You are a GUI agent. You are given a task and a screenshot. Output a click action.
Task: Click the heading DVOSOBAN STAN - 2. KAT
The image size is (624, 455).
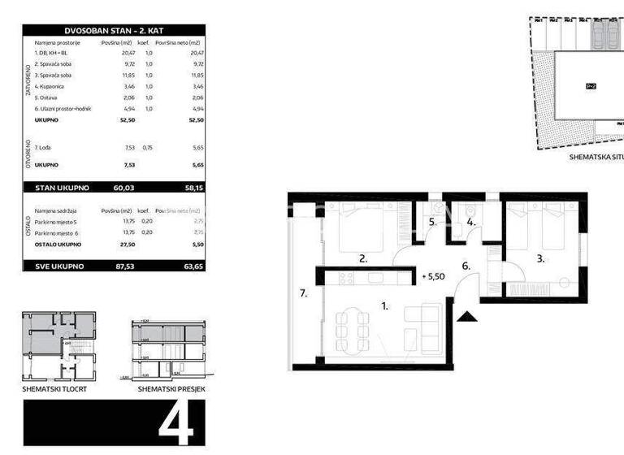click(x=113, y=30)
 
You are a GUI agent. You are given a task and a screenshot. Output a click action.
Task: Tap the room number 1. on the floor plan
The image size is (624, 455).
click(x=385, y=306)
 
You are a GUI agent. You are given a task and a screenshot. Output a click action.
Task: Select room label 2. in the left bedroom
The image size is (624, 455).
click(x=363, y=260)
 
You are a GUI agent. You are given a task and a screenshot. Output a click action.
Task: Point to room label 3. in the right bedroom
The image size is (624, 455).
click(x=540, y=260)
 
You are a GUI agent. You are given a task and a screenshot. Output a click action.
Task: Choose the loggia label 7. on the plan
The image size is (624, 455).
click(x=304, y=293)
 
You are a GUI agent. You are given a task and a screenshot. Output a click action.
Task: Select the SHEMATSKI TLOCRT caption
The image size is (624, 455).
click(x=54, y=389)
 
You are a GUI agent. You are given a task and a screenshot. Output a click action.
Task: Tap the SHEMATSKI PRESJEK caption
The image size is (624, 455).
click(x=171, y=389)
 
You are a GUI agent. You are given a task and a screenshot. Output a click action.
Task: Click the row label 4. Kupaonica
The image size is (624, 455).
click(x=57, y=84)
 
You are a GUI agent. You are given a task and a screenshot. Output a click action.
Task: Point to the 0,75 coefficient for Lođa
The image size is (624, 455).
click(x=147, y=148)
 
